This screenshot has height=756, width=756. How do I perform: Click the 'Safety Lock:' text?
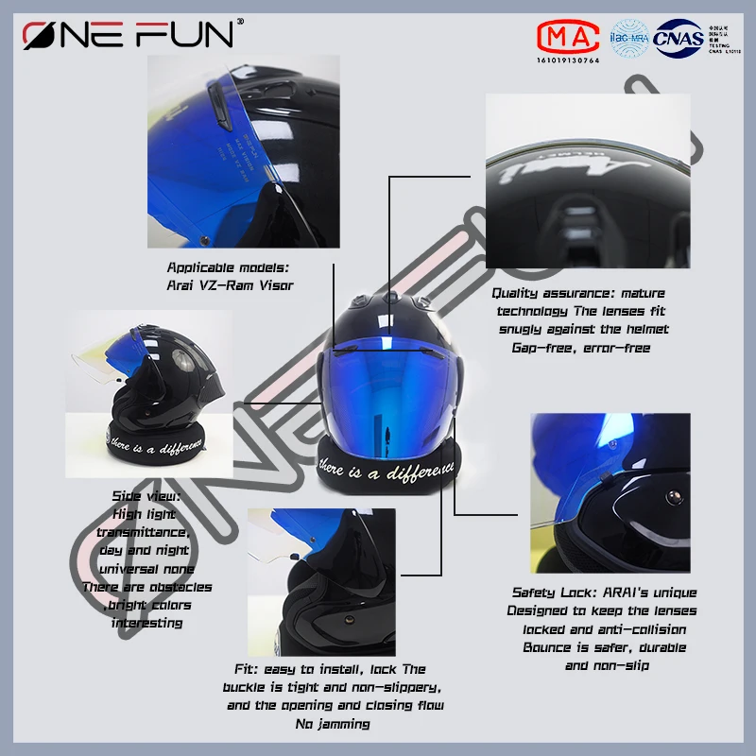(551, 593)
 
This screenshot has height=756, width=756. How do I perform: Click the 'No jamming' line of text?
(332, 724)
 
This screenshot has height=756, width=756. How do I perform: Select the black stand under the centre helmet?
(388, 467)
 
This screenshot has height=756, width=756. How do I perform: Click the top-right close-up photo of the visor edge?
(588, 179)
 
